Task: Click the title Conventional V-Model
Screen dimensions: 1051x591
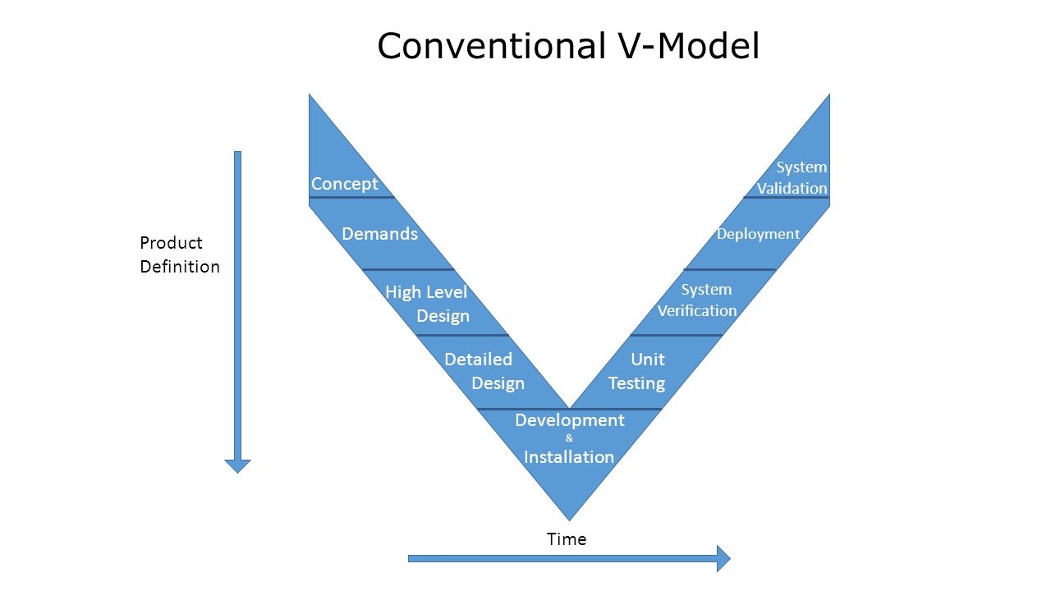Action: coord(568,46)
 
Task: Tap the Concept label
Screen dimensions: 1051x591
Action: coord(344,183)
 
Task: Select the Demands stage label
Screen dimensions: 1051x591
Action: coord(379,234)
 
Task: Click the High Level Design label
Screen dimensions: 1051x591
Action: coord(426,304)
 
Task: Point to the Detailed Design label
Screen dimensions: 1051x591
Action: coord(484,371)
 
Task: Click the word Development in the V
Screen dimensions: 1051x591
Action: coord(570,420)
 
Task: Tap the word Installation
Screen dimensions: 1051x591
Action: coord(569,457)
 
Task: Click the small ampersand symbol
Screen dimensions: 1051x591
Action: coord(569,438)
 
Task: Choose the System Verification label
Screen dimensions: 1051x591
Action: coord(697,300)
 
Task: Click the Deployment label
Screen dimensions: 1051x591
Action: coord(758,234)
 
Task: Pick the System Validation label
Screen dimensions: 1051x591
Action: coord(792,177)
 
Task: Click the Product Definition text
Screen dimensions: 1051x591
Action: coord(180,254)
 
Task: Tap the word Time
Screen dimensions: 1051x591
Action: coord(567,539)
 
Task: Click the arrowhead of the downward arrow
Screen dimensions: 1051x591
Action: coord(237,466)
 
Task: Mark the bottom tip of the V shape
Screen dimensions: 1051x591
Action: coord(570,520)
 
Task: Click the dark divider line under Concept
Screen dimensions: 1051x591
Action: coord(351,198)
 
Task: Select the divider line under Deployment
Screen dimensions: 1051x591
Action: coord(730,269)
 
